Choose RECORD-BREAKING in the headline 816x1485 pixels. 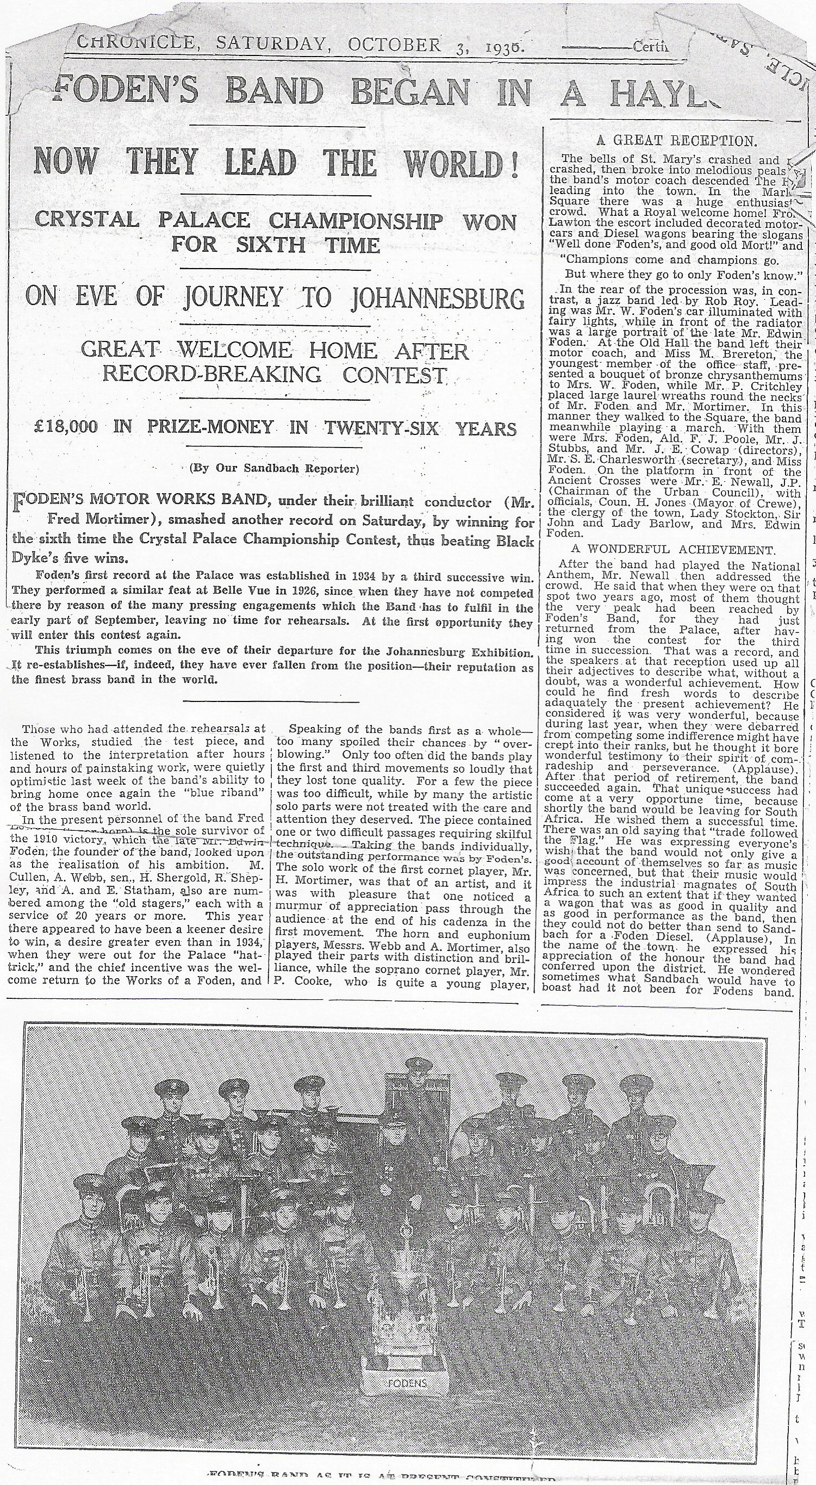tap(212, 374)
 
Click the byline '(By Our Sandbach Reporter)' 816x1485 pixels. tap(274, 468)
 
